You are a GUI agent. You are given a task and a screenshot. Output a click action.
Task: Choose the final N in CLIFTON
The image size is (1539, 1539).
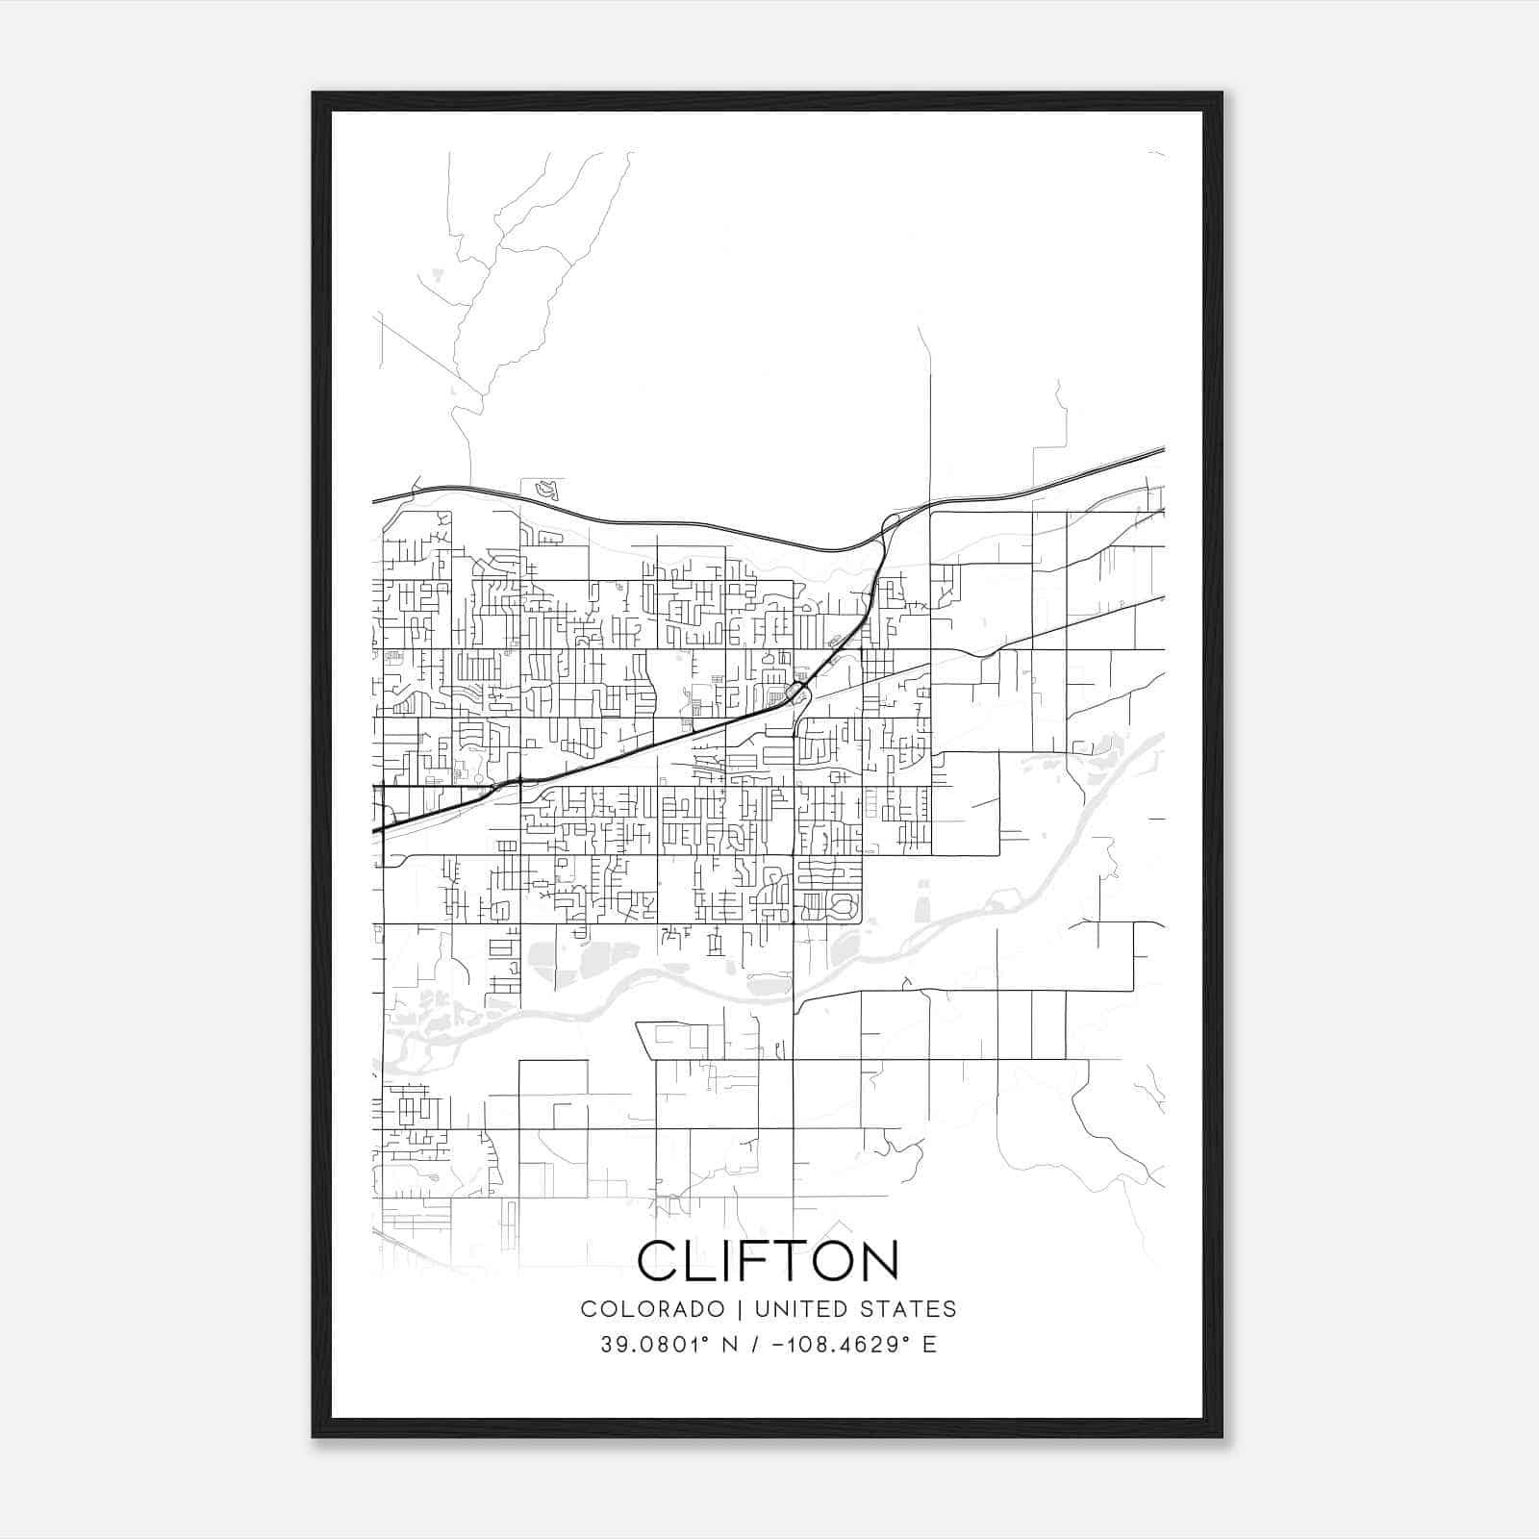[x=877, y=1260]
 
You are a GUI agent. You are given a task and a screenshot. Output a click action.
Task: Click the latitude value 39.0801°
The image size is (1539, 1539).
[x=655, y=1345]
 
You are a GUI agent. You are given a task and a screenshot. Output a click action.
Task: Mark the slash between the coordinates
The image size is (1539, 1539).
[x=751, y=1345]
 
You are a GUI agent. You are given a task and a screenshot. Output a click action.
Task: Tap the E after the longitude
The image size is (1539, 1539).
[x=929, y=1345]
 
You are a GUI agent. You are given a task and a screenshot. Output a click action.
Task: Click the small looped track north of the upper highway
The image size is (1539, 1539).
[x=547, y=490]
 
